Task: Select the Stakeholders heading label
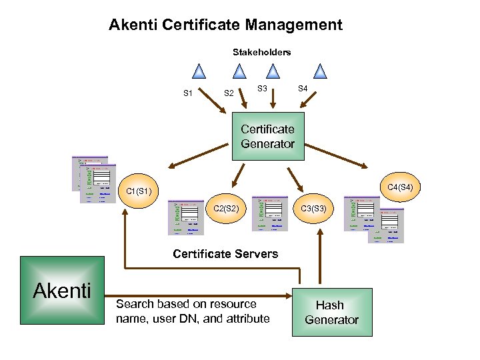click(261, 52)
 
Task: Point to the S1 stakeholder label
click(189, 93)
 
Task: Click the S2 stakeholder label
click(228, 93)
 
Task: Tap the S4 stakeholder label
click(303, 88)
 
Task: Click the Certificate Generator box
click(267, 137)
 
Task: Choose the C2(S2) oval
click(231, 209)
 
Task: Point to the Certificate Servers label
click(225, 253)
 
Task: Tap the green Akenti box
click(62, 291)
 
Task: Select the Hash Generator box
click(331, 312)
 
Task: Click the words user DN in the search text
click(171, 319)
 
